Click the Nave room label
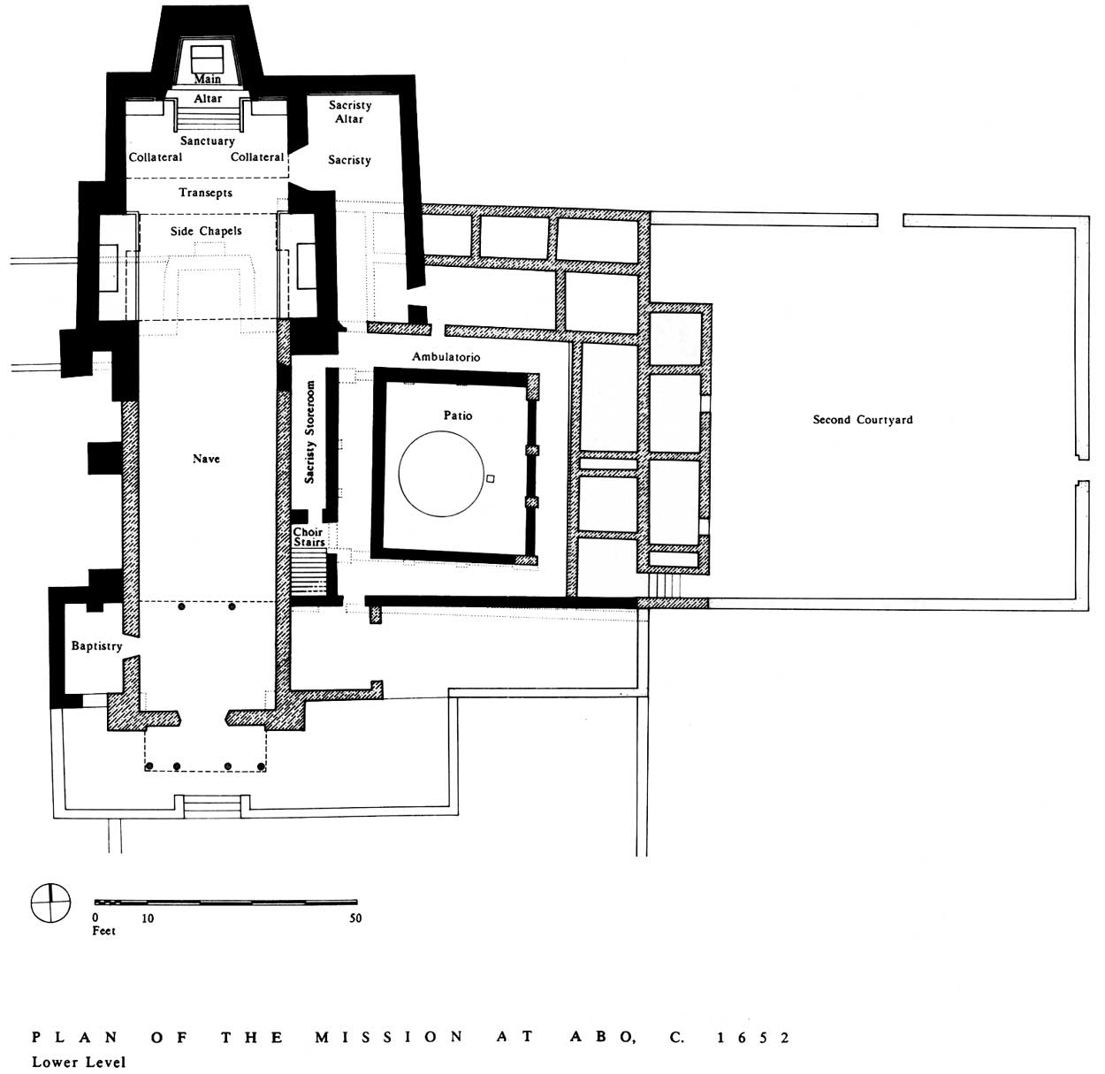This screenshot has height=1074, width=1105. point(206,459)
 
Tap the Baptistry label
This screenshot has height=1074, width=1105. point(96,646)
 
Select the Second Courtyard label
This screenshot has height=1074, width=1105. point(863,420)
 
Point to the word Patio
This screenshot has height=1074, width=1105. point(458,415)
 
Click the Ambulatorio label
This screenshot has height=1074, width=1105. point(446,357)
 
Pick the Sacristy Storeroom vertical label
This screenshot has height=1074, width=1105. point(309,432)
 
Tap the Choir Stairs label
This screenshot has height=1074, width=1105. point(309,537)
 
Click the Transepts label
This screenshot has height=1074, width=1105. point(206,193)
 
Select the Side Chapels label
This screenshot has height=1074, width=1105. point(206,231)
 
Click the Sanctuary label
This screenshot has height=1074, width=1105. point(207,141)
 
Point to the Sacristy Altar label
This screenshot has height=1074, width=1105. point(350,112)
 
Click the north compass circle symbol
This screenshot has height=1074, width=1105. point(50,903)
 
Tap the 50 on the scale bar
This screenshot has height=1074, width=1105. point(355,918)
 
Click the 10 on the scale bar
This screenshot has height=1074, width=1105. point(148,918)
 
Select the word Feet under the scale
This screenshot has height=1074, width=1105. point(104,931)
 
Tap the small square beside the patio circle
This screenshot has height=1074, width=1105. point(491,478)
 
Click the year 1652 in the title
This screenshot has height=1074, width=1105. point(752,1038)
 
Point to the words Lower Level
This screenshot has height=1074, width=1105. point(79,1063)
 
